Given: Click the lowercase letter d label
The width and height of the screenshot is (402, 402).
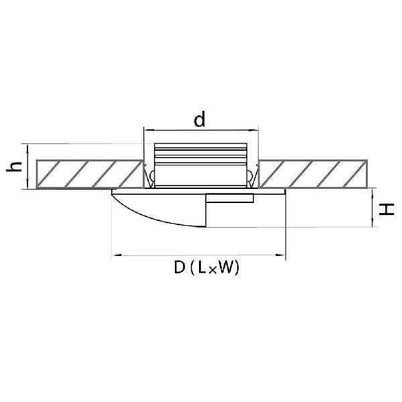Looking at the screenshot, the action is coord(200,119).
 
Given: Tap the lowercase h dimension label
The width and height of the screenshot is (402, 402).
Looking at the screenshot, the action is coord(14,167).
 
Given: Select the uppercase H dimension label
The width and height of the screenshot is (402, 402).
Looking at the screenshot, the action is coord(387,210).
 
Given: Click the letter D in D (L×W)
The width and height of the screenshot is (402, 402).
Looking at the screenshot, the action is coord(180,267).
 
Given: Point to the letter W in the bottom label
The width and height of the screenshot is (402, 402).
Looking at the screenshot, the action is coord(226,267).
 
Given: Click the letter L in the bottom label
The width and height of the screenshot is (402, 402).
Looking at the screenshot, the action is coord(202,267).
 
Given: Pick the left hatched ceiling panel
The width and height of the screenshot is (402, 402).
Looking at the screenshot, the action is coord(90,174).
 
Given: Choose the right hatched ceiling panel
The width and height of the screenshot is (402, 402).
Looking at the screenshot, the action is coord(313,174).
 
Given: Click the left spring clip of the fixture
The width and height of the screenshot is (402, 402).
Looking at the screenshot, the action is coord(149,176).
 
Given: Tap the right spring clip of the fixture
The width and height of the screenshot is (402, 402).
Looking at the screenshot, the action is coord(252,176).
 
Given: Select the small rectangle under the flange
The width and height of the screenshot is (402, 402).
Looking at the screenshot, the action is coord(230,198).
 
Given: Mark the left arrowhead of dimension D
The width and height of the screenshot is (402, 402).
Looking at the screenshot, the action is coord(117,255).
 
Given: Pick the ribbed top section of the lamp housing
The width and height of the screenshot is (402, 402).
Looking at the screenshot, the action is coord(201,154).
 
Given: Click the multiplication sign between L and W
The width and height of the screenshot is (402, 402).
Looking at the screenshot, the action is coord(212,271).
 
